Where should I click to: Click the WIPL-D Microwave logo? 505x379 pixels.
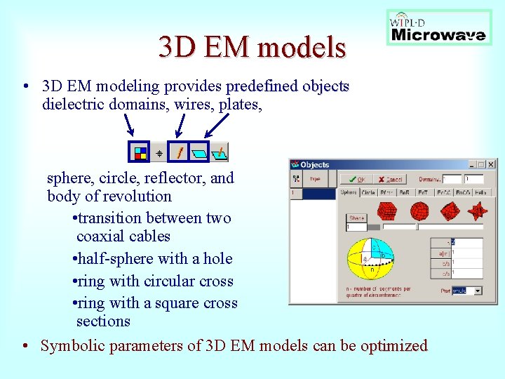point(438,27)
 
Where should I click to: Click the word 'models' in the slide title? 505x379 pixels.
point(302,47)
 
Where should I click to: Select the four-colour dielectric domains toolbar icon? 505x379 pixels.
point(140,151)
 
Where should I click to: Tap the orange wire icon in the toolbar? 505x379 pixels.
point(180,151)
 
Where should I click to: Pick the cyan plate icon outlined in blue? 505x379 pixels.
point(201,151)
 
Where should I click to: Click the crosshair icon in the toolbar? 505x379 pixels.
point(160,152)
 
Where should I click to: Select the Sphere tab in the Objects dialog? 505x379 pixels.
point(349,192)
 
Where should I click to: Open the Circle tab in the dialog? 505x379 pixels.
point(368,192)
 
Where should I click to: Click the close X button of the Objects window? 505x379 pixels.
point(491,164)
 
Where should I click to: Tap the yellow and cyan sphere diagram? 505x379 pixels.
point(372,260)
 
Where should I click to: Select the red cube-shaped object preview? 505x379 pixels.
point(387,211)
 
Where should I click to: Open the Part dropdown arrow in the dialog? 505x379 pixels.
point(478,291)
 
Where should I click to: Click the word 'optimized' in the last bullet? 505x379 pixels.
point(393,346)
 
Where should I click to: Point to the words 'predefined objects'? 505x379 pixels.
point(288,86)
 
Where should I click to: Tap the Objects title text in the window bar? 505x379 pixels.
point(315,165)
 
